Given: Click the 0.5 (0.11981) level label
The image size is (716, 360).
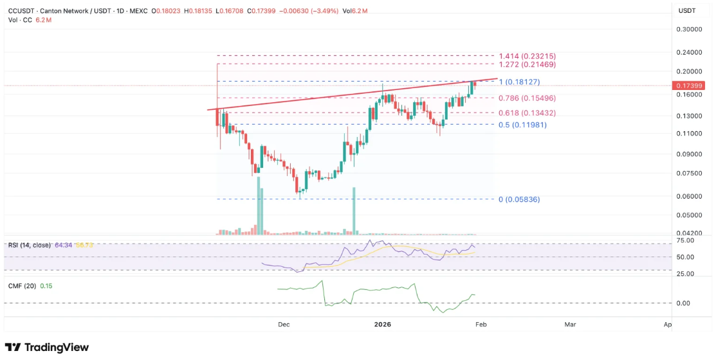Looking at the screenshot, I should [x=523, y=125].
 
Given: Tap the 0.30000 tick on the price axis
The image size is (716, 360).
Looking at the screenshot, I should [x=688, y=30].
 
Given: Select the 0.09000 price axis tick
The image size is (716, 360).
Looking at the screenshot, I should [x=688, y=154].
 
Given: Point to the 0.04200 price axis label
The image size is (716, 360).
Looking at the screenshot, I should [x=688, y=233].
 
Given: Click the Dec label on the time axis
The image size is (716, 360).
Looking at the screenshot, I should [x=284, y=325].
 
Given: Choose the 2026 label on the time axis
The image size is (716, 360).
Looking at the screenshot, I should [x=383, y=325].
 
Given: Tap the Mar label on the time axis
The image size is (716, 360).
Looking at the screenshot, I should [x=570, y=325].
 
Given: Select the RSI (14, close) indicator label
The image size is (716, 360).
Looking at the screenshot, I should [x=30, y=245].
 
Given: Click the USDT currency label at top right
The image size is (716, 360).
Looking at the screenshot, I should [x=688, y=11].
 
